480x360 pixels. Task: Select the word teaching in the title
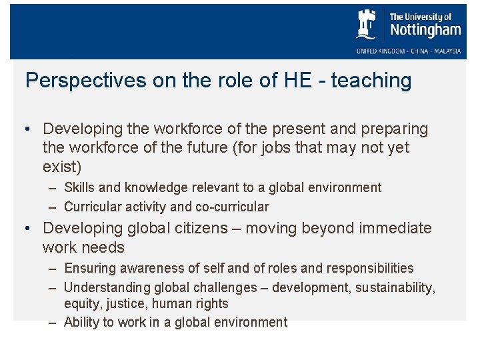pyautogui.click(x=371, y=81)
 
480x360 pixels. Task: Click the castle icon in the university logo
pyautogui.click(x=367, y=25)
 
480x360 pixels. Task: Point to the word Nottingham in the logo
pyautogui.click(x=425, y=30)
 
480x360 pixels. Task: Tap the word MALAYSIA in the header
pyautogui.click(x=444, y=51)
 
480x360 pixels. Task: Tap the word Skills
pyautogui.click(x=79, y=188)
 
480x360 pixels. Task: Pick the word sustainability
pyautogui.click(x=396, y=287)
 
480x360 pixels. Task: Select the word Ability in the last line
pyautogui.click(x=81, y=322)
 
